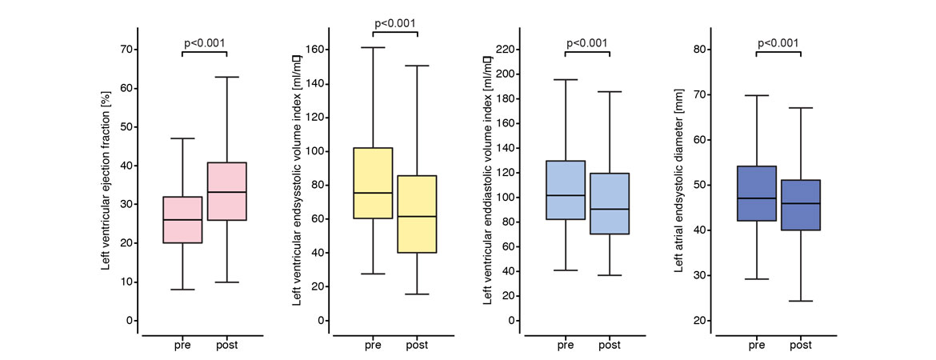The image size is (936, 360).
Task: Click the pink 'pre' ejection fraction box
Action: click(x=182, y=220)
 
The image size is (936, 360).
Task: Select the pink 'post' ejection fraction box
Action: click(x=226, y=191)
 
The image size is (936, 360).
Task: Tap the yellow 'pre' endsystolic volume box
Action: click(x=373, y=182)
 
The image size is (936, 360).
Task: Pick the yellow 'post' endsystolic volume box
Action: click(x=418, y=214)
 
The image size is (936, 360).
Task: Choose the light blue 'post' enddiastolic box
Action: click(x=609, y=203)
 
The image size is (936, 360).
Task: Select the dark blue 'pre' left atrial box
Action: click(x=756, y=193)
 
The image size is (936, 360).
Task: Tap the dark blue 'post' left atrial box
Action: click(x=801, y=205)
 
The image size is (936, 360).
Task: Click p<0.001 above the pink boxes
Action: click(x=204, y=40)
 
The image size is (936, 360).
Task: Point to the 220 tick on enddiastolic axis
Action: click(x=506, y=50)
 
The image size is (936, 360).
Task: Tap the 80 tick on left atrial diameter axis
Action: click(x=699, y=50)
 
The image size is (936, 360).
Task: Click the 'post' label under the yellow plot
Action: click(x=418, y=346)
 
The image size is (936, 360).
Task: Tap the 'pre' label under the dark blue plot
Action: click(x=756, y=346)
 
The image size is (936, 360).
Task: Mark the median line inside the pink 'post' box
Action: click(x=226, y=192)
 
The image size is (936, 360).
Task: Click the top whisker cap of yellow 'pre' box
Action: click(x=373, y=48)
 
